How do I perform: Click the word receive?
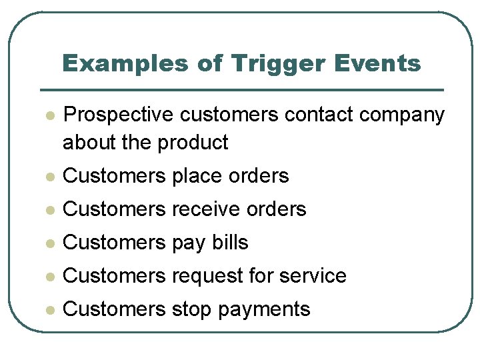(207, 209)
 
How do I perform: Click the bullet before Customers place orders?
(48, 177)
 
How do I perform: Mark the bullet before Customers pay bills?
(48, 243)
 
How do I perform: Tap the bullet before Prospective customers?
(48, 116)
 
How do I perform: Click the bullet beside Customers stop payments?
(48, 310)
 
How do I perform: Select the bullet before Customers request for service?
(48, 277)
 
